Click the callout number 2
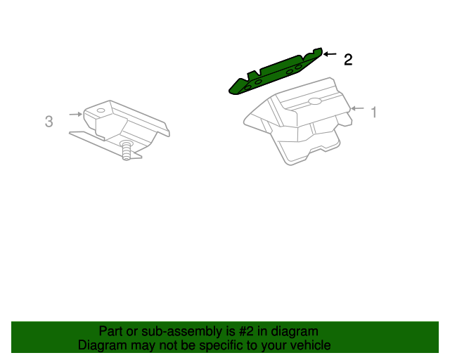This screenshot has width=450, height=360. (x=347, y=60)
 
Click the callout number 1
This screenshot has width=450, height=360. (x=374, y=112)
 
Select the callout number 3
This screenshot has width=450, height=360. (x=49, y=122)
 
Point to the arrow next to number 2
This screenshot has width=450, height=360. (x=330, y=55)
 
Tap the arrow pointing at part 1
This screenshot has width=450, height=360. (x=357, y=108)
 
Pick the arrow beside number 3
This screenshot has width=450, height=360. (x=75, y=114)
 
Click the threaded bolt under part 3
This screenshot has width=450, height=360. (x=127, y=150)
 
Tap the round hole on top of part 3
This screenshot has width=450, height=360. (x=101, y=110)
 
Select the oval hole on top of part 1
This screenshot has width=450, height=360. (x=315, y=101)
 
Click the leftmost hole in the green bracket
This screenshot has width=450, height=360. (x=246, y=88)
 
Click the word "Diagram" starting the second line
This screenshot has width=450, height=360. (x=103, y=345)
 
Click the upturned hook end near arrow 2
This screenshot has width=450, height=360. (x=318, y=51)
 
